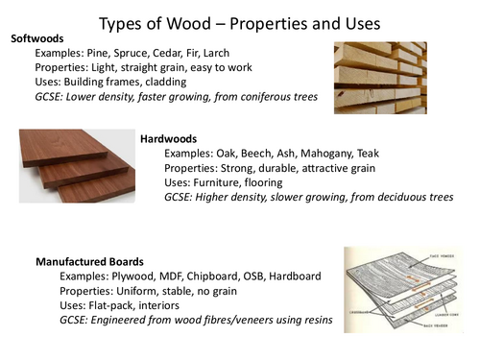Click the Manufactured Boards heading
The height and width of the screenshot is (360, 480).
(x=89, y=260)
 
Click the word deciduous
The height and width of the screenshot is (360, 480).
(x=384, y=199)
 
